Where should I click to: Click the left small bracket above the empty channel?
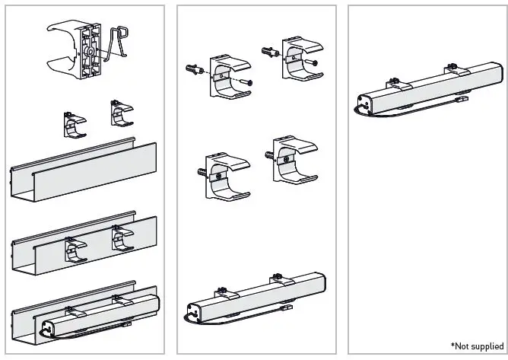(74, 124)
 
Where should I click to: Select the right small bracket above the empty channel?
(121, 114)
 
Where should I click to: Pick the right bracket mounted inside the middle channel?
(121, 239)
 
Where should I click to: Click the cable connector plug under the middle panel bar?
(287, 312)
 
